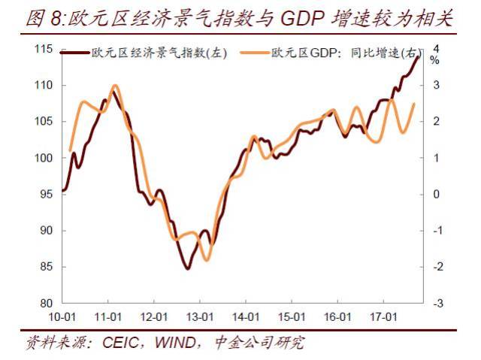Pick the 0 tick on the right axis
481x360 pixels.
tap(437, 194)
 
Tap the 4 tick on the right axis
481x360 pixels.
tap(437, 49)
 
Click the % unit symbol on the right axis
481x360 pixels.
tap(434, 60)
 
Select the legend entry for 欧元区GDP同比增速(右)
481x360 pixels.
tap(343, 53)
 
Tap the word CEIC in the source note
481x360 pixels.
tap(121, 343)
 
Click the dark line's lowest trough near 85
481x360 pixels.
tap(186, 268)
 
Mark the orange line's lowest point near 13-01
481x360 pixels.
tap(205, 260)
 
